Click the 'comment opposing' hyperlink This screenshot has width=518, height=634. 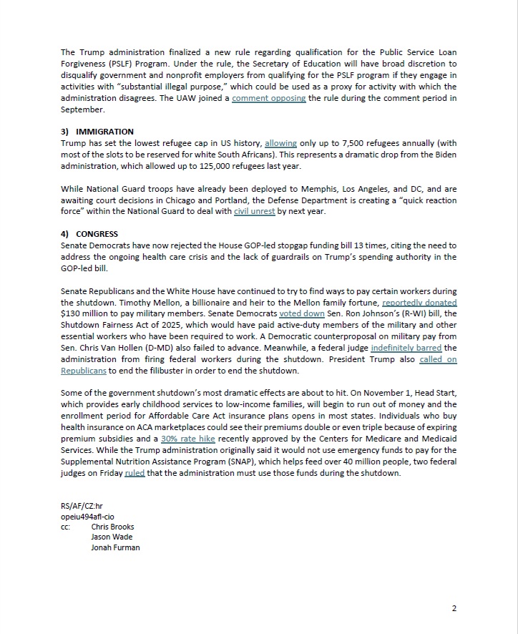(268, 98)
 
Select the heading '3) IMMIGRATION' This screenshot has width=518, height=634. (97, 132)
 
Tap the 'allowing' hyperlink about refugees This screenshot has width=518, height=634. (280, 143)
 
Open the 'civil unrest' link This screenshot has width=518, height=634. (254, 212)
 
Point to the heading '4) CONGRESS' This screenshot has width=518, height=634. (89, 234)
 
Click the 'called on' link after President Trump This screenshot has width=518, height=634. (438, 359)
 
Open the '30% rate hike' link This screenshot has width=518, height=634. (188, 438)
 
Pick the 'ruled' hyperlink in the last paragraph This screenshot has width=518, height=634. (135, 472)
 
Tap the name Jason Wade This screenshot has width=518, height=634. (112, 537)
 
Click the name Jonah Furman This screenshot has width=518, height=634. (115, 547)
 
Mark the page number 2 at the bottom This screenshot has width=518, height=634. (454, 608)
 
